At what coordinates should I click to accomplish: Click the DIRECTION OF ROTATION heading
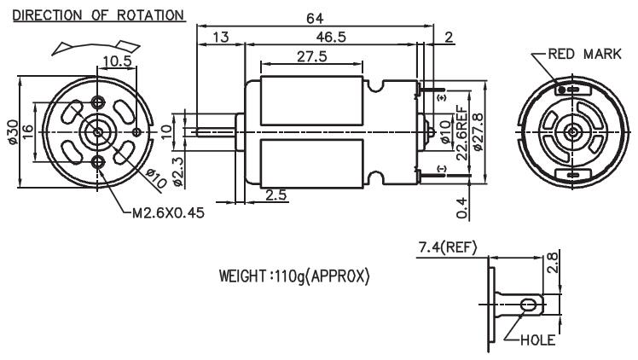pos(99,15)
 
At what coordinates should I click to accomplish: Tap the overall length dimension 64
pos(315,18)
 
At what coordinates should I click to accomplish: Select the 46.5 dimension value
pos(331,37)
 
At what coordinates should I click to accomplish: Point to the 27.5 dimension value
pos(311,56)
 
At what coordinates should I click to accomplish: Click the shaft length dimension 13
pos(221,37)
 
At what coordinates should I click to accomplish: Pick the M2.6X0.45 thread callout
pos(168,212)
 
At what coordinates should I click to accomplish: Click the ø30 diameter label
pos(13,131)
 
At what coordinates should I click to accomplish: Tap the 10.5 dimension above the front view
pos(117,61)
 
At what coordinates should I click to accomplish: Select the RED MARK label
pos(585,54)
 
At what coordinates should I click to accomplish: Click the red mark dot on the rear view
pos(562,90)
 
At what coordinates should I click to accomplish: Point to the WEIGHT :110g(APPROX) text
pos(294,276)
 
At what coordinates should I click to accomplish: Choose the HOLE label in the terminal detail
pos(537,340)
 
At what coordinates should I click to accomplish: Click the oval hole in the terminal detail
pos(528,305)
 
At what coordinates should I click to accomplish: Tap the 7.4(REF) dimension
pos(447,247)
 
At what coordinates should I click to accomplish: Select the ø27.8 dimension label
pos(478,131)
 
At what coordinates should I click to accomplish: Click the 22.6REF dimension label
pos(462,132)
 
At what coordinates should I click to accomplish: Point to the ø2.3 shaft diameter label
pos(177,171)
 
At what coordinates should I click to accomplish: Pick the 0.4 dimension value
pos(461,208)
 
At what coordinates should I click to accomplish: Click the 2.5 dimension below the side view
pos(276,195)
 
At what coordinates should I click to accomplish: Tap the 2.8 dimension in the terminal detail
pos(553,263)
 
